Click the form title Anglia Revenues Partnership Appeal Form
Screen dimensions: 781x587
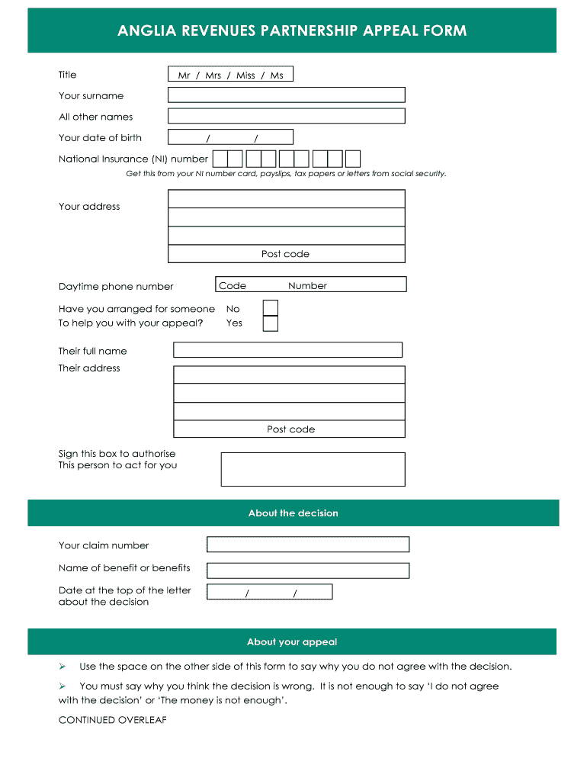pos(292,31)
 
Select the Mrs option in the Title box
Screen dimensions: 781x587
pos(213,76)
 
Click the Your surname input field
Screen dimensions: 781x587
pos(286,95)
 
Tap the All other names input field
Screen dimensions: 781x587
pos(286,116)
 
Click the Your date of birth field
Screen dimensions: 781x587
pos(230,137)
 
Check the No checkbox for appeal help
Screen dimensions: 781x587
pos(270,307)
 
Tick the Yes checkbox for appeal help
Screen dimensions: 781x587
pos(270,323)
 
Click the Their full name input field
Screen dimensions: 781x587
pos(287,350)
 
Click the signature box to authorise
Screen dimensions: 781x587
pos(313,469)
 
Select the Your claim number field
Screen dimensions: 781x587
pos(308,545)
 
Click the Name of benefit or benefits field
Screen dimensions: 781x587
pos(308,570)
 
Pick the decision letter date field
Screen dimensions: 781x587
pos(270,592)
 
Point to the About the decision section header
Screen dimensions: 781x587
pos(293,513)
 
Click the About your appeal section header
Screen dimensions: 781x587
pos(292,642)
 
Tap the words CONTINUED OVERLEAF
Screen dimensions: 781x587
pos(113,720)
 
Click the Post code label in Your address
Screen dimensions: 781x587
pos(285,254)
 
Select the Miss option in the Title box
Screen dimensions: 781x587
pos(245,76)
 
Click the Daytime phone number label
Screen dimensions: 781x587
pos(116,287)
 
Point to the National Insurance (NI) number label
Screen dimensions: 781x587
pos(133,159)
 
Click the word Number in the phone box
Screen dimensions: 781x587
pos(307,286)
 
